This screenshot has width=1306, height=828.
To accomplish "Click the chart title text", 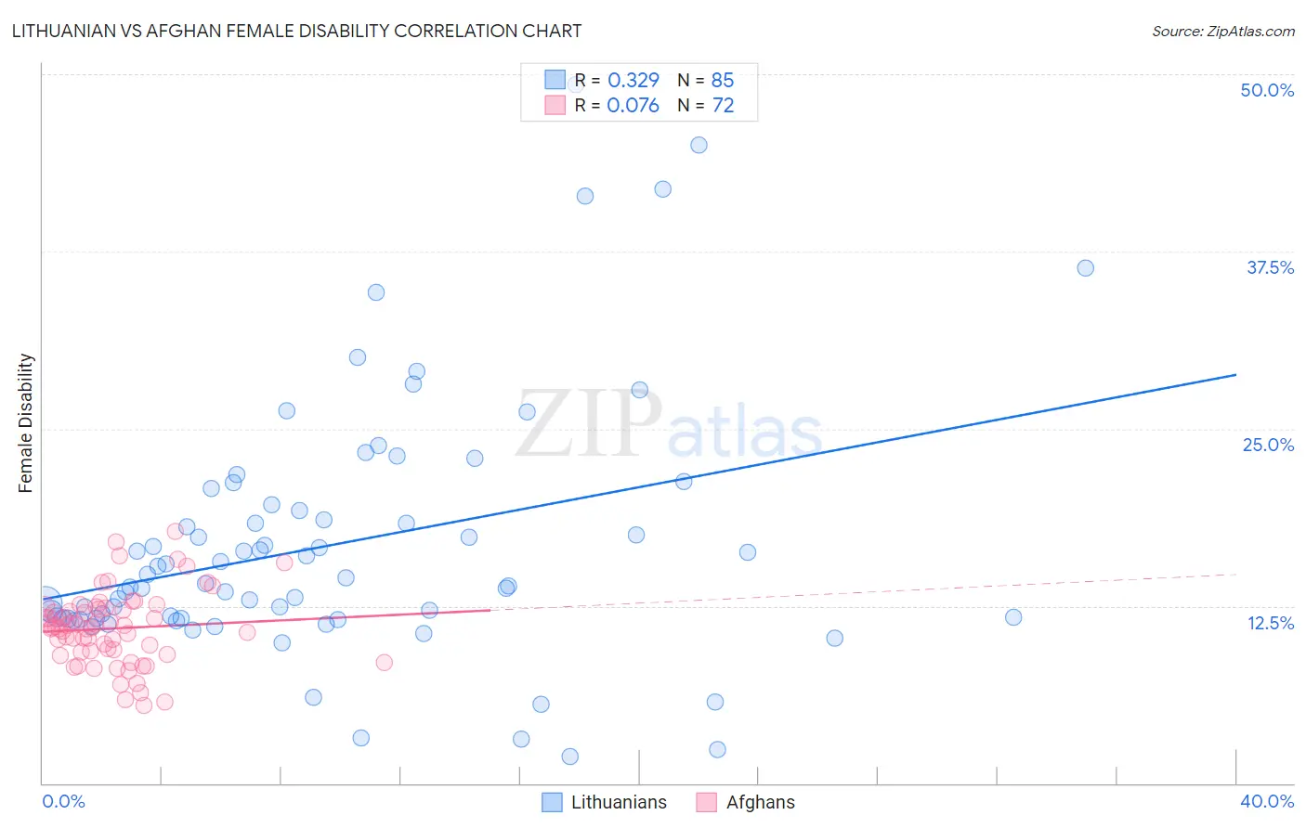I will tap(296, 32).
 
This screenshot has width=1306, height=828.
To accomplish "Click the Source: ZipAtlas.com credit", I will tap(1222, 32).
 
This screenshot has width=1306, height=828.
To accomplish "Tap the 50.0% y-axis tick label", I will tap(1267, 90).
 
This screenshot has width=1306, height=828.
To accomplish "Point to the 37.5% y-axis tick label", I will tap(1270, 267).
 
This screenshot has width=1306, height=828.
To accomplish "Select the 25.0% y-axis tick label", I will tap(1268, 445).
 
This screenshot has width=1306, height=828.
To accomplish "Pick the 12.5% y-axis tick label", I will tap(1270, 623).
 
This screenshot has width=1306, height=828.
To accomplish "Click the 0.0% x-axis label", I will tap(63, 801).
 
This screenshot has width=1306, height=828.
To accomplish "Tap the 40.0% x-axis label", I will tap(1266, 801).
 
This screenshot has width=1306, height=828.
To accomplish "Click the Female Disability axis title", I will tap(26, 422).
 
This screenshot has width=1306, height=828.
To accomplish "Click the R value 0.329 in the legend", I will tap(633, 80).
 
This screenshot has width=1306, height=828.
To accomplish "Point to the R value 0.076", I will tap(633, 105).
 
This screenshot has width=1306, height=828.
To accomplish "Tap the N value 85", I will tap(722, 80).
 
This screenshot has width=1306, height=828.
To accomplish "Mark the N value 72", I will tap(723, 105).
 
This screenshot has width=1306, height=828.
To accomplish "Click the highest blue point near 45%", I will tap(699, 145).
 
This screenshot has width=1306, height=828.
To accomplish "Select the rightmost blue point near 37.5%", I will tap(1085, 268).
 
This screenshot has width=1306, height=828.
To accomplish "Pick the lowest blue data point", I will tap(570, 757).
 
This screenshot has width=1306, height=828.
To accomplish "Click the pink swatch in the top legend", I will tap(555, 105).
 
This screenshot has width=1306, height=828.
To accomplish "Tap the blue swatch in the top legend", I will tap(555, 80).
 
